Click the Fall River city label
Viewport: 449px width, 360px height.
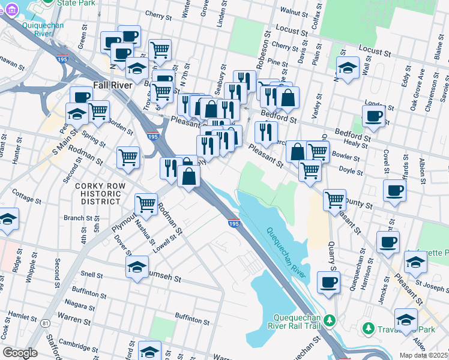tap(112, 85)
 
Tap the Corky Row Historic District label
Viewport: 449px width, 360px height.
tap(100, 194)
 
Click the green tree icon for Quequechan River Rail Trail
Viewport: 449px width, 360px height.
tap(329, 321)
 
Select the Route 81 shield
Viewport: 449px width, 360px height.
tap(46, 323)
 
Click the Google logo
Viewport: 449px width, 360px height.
tap(20, 352)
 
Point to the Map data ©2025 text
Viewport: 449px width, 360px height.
tap(423, 355)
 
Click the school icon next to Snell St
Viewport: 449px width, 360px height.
tap(137, 266)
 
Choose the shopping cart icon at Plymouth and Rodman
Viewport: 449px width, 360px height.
tap(146, 204)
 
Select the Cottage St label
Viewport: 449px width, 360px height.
tap(26, 196)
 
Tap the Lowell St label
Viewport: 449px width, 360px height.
tap(166, 241)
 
